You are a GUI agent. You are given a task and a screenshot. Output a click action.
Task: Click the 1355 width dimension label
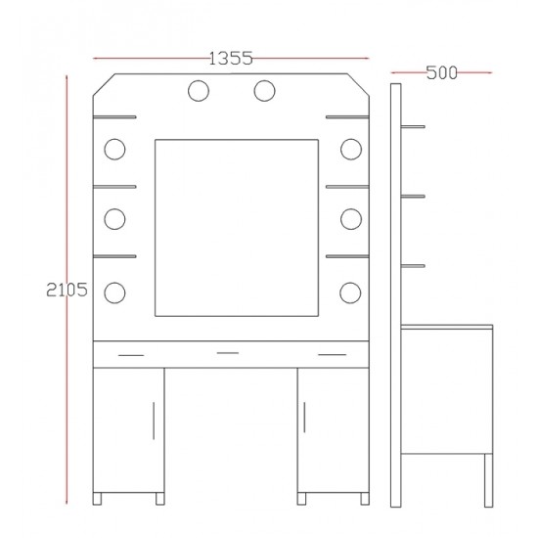[231, 59]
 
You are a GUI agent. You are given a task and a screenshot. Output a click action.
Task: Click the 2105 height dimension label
[67, 290]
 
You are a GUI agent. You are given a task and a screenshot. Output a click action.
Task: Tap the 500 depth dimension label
[442, 72]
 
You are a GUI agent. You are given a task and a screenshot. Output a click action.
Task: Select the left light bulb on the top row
[199, 91]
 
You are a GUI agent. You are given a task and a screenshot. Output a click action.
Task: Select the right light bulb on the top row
[264, 91]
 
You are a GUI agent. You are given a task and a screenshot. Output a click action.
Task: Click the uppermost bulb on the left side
[114, 150]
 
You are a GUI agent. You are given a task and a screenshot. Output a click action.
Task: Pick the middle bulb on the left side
[114, 219]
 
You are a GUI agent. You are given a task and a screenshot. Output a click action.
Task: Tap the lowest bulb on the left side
[114, 292]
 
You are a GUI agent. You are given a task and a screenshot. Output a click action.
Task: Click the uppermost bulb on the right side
[351, 150]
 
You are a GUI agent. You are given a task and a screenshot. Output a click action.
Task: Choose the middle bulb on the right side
[351, 219]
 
